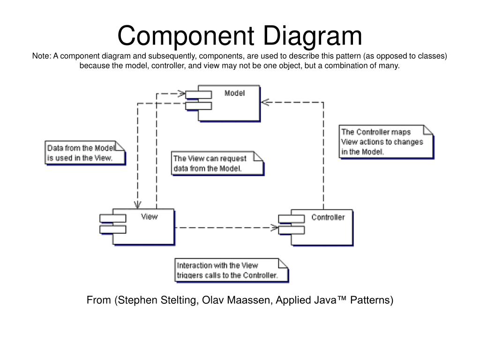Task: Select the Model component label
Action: (x=234, y=93)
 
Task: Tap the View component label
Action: (x=149, y=217)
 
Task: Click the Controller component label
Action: (x=328, y=217)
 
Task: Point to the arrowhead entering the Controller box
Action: (x=274, y=228)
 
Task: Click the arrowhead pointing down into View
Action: (x=138, y=204)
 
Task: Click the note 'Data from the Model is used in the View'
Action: (x=85, y=152)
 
